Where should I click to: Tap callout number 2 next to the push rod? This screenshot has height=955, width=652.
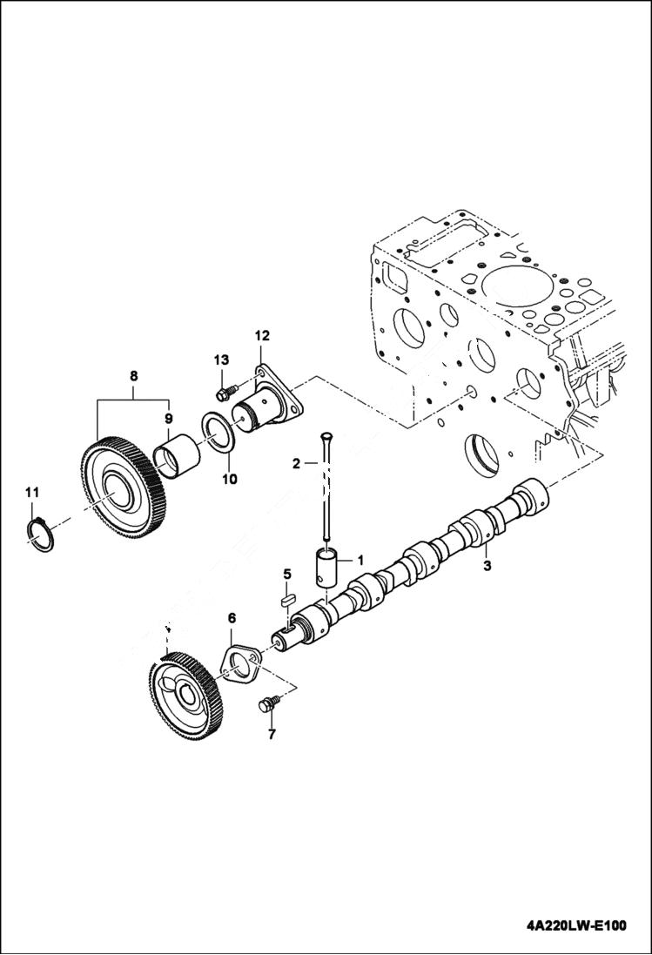coord(297,464)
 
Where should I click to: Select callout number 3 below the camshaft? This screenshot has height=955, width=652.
coord(487,567)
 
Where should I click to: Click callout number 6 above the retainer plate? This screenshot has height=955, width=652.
coord(232,618)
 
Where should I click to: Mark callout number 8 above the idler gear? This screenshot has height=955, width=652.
coord(133,376)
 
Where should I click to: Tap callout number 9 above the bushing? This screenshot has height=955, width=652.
coord(169,418)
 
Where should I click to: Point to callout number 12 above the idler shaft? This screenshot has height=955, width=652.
coord(262,335)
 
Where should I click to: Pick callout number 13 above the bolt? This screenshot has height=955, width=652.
coord(220,360)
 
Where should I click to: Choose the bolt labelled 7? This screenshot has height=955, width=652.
coord(268,705)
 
